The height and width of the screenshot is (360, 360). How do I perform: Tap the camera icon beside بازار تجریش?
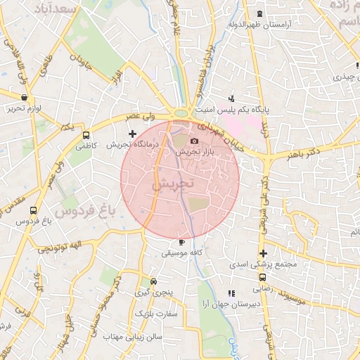point(195,141)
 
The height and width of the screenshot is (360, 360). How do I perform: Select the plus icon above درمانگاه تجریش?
point(132,133)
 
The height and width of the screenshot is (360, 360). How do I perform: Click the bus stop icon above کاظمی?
point(86,135)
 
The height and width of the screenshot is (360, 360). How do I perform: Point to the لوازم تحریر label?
point(26,109)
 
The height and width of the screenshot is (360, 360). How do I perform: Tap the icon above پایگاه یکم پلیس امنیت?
point(231,98)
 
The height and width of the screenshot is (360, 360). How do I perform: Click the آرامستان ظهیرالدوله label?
point(259,25)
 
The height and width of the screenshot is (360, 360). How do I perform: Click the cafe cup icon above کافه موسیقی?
point(182,242)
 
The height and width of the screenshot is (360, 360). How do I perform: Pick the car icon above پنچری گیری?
point(144,279)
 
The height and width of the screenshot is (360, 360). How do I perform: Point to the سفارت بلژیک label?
point(155,312)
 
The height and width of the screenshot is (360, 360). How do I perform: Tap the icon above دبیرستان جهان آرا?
point(231,293)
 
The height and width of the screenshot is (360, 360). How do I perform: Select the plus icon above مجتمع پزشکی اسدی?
point(263,254)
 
